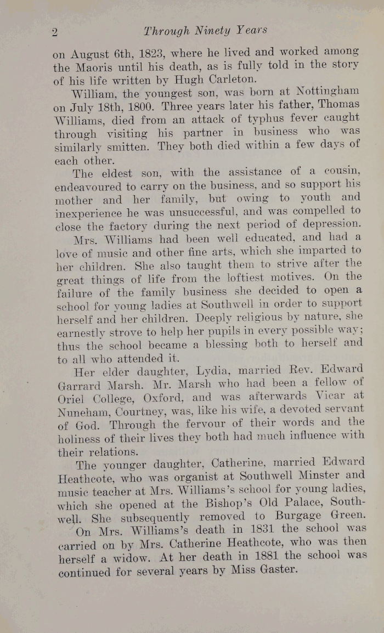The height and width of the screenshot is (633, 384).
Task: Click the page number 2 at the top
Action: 55,32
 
